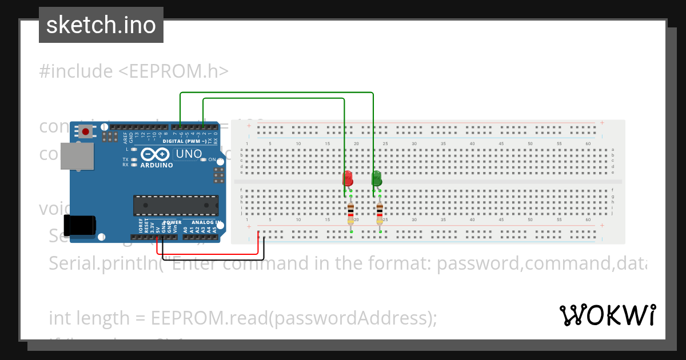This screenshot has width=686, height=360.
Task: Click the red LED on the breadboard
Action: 348,178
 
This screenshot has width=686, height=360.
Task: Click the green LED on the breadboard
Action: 376,178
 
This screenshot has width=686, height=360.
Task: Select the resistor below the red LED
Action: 350,214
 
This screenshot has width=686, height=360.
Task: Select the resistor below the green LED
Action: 380,214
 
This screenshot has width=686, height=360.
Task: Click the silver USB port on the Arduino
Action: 77,155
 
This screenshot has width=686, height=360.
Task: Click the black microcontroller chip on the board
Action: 176,206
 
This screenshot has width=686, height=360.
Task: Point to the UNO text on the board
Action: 189,154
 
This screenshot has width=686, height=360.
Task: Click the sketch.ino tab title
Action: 101,25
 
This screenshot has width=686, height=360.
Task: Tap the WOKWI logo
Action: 607,315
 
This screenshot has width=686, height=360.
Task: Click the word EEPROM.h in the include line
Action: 178,71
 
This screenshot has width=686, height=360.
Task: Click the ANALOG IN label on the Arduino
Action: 206,222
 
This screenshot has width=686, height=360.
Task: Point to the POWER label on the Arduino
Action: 172,222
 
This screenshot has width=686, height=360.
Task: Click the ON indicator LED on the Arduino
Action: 204,160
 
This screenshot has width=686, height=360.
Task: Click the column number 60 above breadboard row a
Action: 588,143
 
